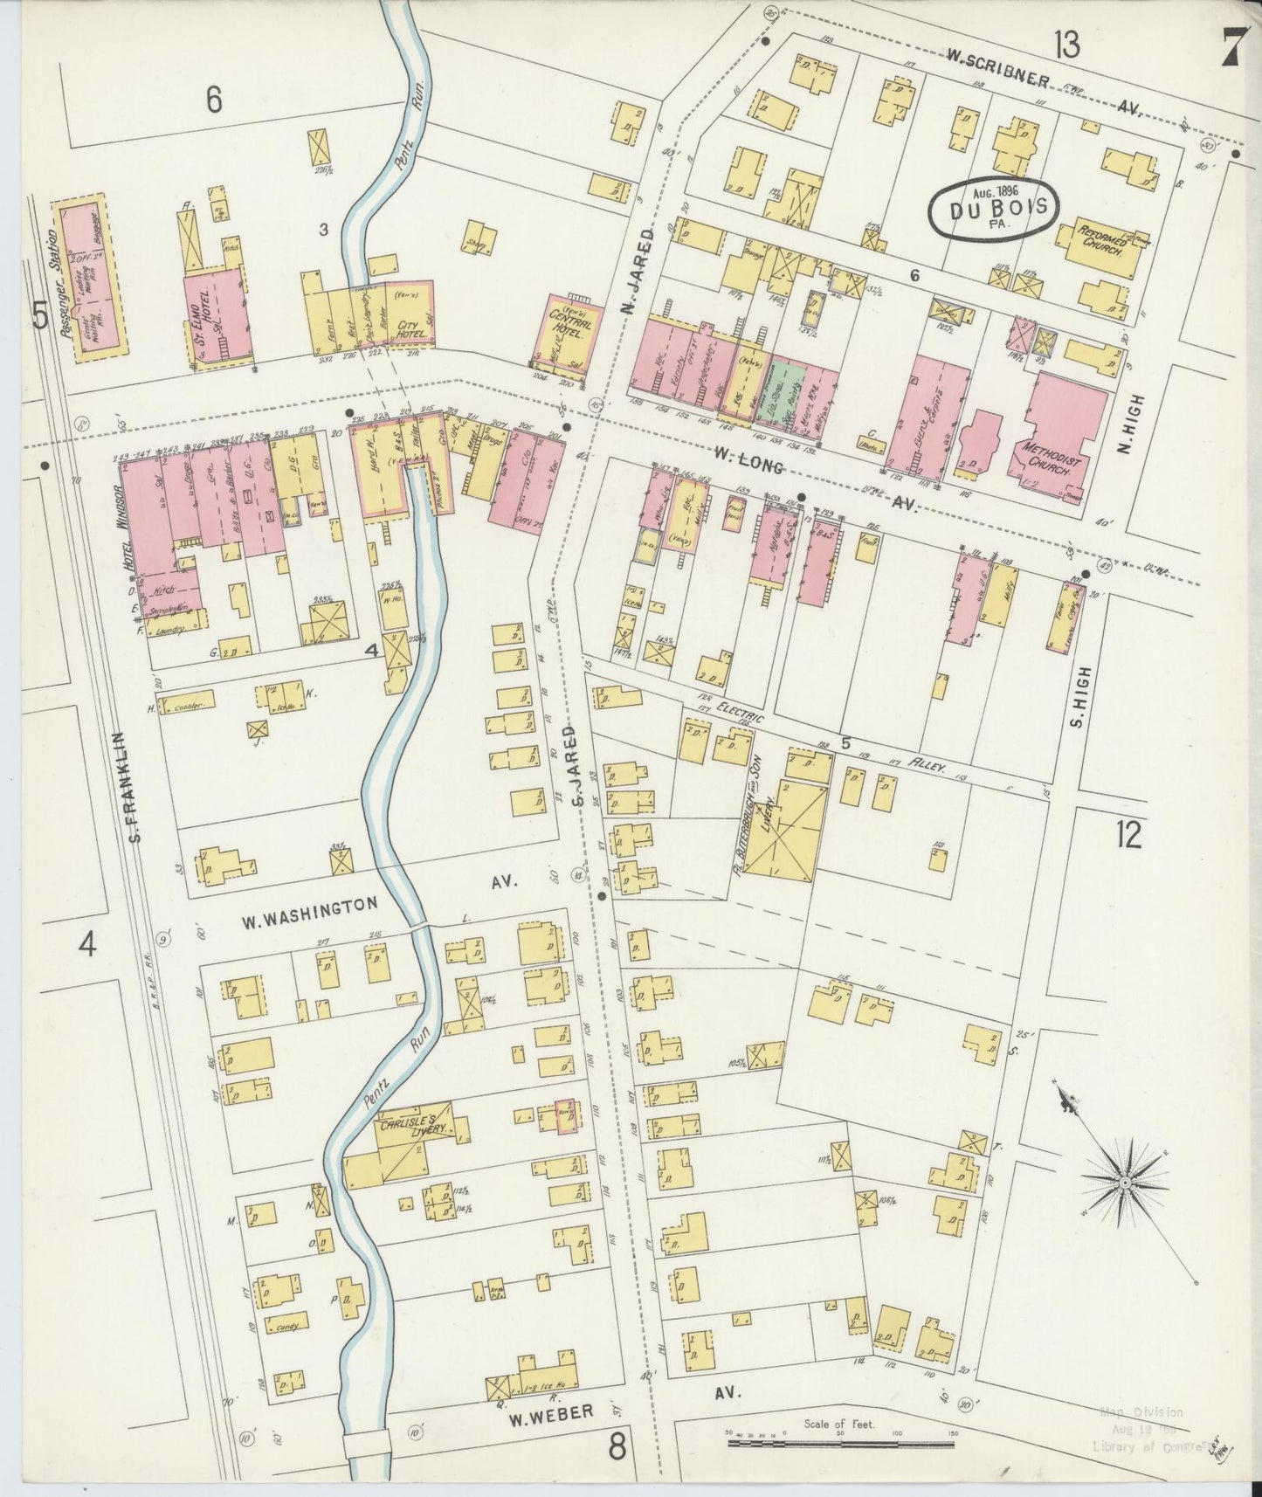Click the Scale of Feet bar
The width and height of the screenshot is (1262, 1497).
[x=842, y=1443]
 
